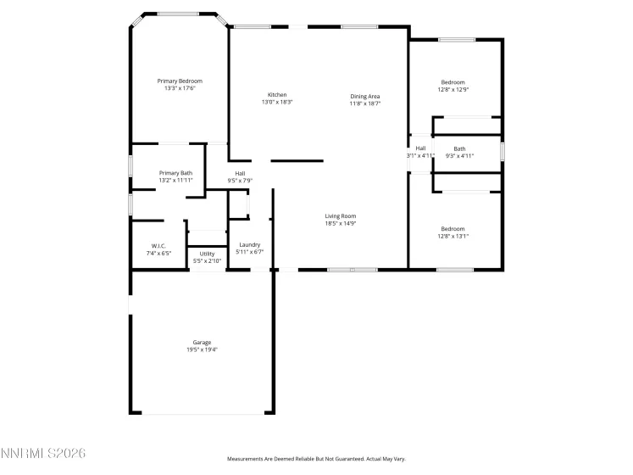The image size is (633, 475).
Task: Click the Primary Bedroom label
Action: (x=180, y=81)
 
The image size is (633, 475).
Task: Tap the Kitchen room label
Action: (x=277, y=94)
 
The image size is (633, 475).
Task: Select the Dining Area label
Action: (x=365, y=96)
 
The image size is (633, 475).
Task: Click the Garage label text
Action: (x=201, y=342)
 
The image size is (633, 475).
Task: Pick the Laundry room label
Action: (x=249, y=244)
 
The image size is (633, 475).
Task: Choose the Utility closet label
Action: (x=207, y=253)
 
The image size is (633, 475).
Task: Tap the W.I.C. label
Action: (x=159, y=245)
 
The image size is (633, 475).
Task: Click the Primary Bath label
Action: (x=175, y=173)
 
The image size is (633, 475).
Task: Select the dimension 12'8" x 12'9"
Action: (x=453, y=89)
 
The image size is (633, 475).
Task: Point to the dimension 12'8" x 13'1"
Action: (x=453, y=236)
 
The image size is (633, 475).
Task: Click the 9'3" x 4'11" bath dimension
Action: (x=459, y=156)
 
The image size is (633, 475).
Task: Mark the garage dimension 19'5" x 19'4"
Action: (x=201, y=349)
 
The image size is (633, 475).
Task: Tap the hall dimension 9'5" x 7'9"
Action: (x=240, y=180)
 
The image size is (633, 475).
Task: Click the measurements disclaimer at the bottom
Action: (x=315, y=458)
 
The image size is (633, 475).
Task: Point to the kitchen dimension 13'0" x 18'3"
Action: (x=277, y=102)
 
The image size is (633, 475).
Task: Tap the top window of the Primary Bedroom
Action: (x=178, y=14)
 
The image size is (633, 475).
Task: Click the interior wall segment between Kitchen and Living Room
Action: (x=297, y=160)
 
